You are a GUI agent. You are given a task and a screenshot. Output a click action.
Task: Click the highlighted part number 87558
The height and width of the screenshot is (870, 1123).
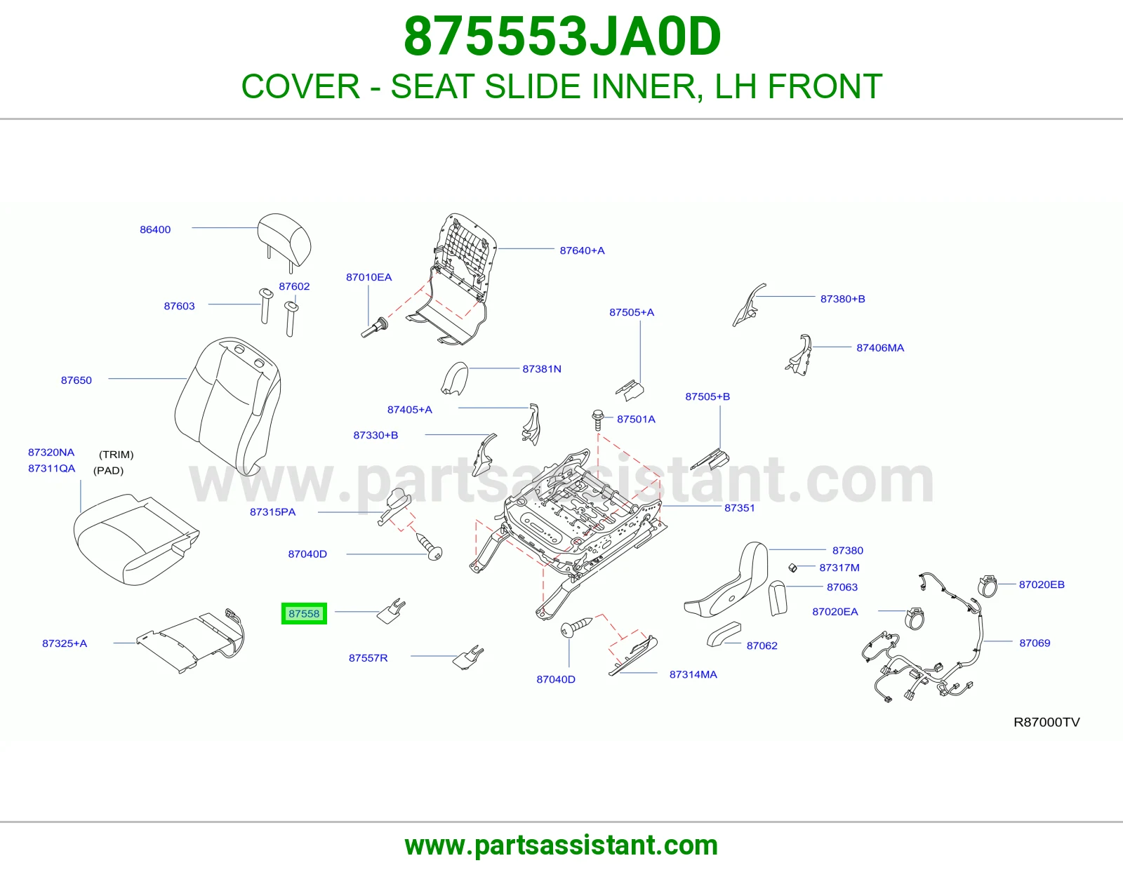click(x=304, y=613)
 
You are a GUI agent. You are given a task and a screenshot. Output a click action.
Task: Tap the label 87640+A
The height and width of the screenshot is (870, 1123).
click(x=582, y=250)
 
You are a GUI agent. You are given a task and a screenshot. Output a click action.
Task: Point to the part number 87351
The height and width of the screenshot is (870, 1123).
click(x=739, y=508)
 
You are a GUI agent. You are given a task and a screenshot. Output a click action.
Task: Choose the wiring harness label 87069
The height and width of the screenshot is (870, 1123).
click(x=1035, y=643)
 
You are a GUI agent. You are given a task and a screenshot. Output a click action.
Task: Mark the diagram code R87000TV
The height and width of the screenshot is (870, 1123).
click(x=1046, y=722)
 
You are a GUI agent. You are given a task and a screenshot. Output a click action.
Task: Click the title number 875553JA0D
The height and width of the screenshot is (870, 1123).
click(x=561, y=36)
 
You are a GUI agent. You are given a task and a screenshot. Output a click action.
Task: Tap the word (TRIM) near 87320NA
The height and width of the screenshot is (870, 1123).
click(x=117, y=455)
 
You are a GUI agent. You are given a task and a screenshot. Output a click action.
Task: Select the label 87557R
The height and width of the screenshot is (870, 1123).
click(x=368, y=657)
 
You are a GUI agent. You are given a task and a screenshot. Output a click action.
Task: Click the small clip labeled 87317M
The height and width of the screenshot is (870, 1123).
click(x=792, y=568)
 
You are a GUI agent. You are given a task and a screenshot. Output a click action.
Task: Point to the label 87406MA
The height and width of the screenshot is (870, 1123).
click(x=880, y=348)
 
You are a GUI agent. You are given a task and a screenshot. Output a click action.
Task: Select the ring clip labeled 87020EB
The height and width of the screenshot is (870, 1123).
click(x=988, y=586)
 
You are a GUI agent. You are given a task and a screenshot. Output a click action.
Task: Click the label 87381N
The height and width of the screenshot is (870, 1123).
click(x=542, y=369)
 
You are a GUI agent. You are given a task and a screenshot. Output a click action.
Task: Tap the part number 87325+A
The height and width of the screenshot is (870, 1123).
click(x=65, y=643)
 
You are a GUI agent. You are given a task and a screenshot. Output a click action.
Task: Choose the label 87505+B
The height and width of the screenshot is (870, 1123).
click(x=707, y=396)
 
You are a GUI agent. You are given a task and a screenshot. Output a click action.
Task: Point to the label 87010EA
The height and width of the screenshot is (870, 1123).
click(x=369, y=277)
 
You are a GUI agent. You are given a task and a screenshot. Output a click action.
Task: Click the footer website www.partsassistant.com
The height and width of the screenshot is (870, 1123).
click(x=561, y=845)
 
